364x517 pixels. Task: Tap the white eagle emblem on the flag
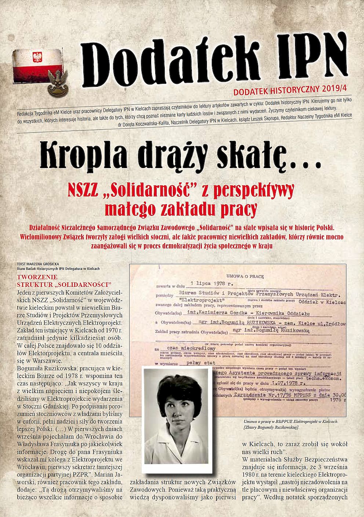pyautogui.click(x=37, y=57)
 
